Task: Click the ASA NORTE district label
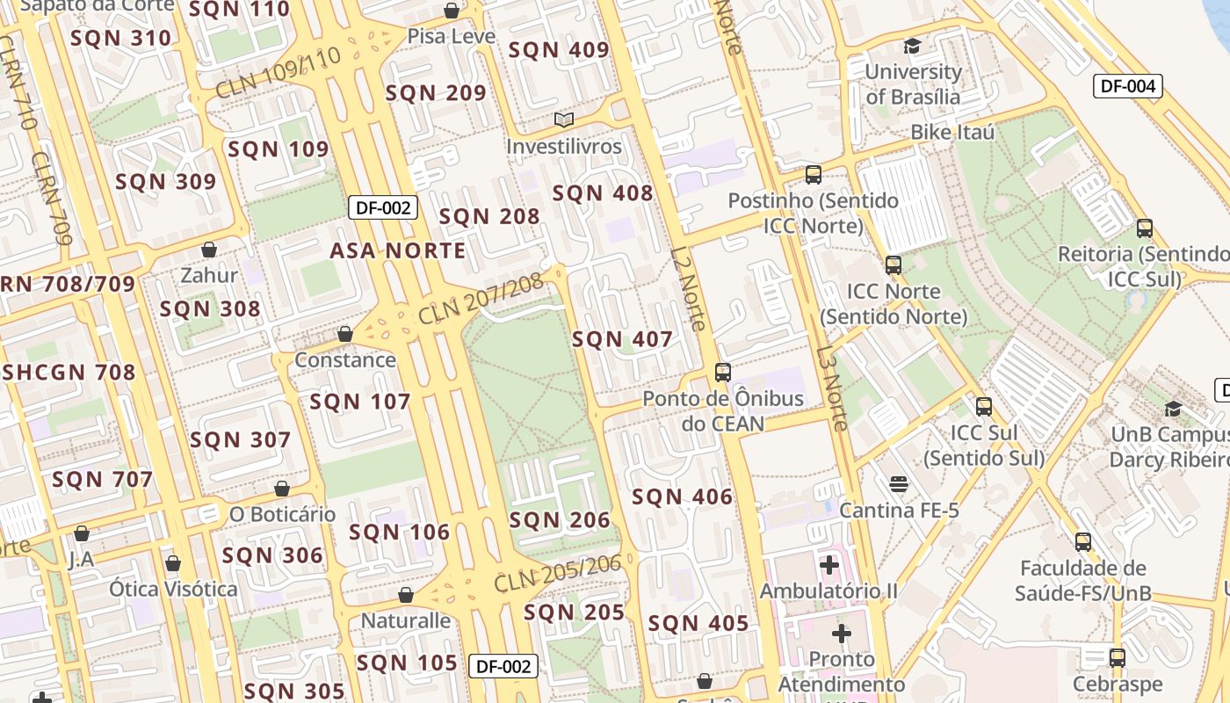398,250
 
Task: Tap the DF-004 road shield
1128,86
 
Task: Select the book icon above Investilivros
563,120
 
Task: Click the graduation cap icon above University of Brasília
913,46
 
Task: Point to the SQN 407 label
622,339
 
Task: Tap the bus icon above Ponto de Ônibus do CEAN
722,373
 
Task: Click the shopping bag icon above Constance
345,334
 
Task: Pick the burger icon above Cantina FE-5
898,484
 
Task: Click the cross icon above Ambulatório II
828,564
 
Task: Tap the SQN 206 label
560,520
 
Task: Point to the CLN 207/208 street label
481,299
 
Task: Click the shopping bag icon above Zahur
209,250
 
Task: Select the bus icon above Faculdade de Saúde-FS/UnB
1083,542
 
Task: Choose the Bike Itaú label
952,133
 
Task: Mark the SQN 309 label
165,182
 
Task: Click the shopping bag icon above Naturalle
406,595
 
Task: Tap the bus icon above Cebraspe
1117,657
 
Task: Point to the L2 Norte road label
688,288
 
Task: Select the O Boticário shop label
282,514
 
